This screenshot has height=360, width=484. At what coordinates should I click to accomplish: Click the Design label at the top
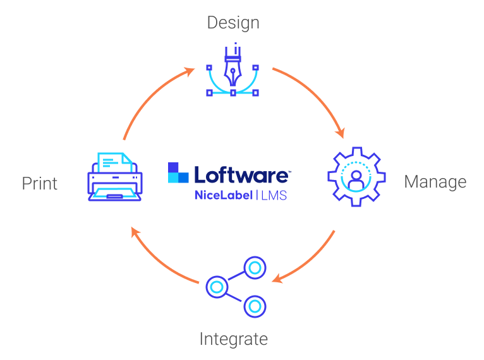coord(233,23)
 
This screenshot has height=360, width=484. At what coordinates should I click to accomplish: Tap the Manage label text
coord(435,182)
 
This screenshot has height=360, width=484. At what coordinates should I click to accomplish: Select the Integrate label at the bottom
coord(233,339)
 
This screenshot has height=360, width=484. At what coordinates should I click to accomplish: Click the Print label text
coord(40,184)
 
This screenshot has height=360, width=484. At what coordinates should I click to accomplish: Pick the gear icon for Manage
coord(355,176)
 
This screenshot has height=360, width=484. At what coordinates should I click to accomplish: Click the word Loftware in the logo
coord(243,174)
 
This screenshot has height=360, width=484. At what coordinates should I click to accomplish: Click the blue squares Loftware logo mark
coord(178,173)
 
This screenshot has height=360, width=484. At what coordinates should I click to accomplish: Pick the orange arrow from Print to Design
coord(152,98)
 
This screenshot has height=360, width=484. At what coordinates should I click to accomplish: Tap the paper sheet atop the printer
coord(114,162)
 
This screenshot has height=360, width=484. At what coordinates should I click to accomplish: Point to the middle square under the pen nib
coord(233,93)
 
